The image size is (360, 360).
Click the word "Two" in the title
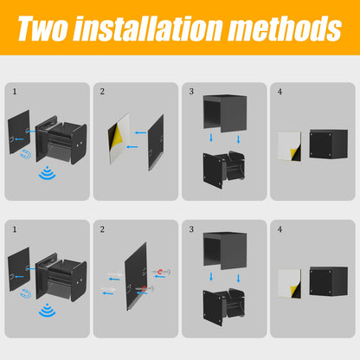pos(42,28)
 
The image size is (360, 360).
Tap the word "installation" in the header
pos(148,28)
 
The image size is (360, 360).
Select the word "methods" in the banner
pos(285,28)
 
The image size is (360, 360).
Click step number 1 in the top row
pos(15,92)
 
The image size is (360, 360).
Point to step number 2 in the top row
pos(102,92)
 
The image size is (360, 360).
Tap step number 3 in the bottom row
pos(191,229)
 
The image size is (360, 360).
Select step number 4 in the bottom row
pos(280,229)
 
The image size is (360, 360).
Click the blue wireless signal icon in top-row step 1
pos(47,173)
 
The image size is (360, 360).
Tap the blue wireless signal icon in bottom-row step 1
pos(47,310)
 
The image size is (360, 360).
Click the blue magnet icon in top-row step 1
pos(25,154)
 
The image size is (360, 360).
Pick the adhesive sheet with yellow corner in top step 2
pos(119,138)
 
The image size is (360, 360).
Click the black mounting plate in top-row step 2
pos(156,143)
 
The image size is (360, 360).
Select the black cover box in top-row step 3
pos(225,113)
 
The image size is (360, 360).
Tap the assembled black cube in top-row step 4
pos(329,144)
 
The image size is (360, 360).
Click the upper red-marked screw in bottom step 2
pos(162,272)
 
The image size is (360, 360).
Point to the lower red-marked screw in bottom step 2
pos(145,288)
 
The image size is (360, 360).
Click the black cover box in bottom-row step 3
pos(225,251)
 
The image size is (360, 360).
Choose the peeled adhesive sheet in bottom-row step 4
pos(290,283)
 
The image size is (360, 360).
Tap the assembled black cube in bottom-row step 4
pos(329,281)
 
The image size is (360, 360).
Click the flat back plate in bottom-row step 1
pos(19,269)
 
